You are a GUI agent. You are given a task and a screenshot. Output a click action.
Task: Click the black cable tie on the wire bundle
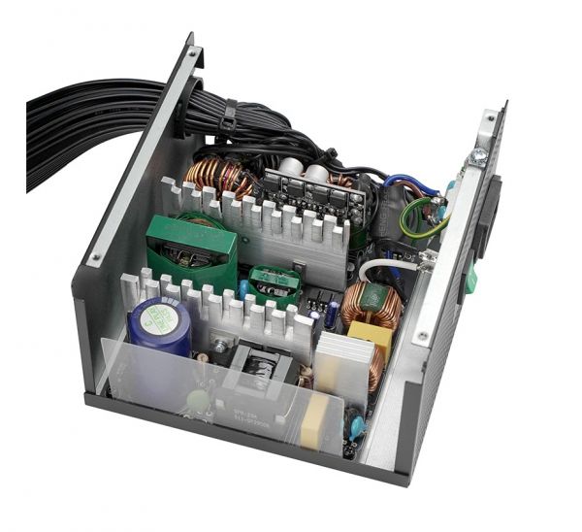click(x=230, y=121)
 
